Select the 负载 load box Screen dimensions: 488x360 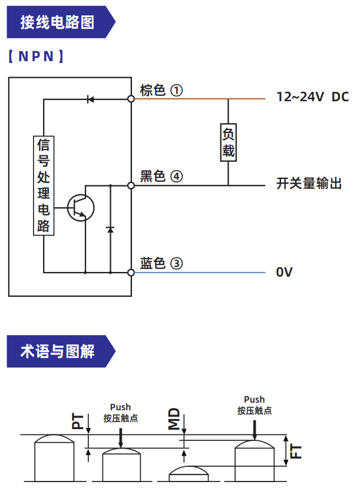tap(229, 141)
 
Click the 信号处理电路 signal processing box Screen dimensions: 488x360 tap(43, 185)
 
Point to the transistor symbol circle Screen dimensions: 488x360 tap(80, 207)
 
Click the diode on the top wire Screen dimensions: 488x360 tap(90, 99)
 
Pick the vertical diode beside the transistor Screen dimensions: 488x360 tap(110, 228)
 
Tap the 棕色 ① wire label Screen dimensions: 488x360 tap(161, 90)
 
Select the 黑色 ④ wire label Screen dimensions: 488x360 tap(161, 176)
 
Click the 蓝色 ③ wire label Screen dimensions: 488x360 tap(161, 263)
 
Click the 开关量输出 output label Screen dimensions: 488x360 tap(309, 184)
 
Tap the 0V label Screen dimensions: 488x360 tap(285, 272)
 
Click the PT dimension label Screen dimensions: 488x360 tap(78, 421)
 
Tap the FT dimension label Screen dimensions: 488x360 tap(296, 452)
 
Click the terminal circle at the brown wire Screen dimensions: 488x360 tap(131, 99)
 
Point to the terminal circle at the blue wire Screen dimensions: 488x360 tap(131, 273)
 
